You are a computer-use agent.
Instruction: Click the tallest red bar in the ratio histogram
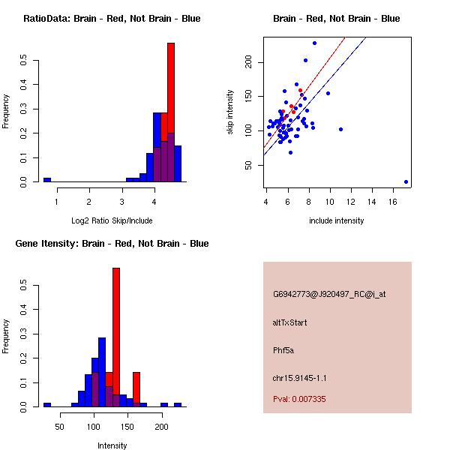[x=171, y=112]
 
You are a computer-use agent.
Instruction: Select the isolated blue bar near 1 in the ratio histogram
[x=46, y=180]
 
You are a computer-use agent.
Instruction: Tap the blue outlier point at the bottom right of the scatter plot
[x=406, y=181]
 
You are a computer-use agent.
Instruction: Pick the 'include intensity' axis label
[x=337, y=220]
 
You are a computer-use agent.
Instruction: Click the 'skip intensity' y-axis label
[x=230, y=112]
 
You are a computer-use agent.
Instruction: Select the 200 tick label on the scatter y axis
[x=249, y=63]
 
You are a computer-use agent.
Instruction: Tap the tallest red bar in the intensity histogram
[x=116, y=337]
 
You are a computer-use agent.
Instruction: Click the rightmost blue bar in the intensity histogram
[x=178, y=404]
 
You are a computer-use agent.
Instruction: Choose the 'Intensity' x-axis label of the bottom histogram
[x=112, y=445]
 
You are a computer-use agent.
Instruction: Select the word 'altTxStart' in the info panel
[x=289, y=322]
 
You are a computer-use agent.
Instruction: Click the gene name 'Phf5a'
[x=283, y=349]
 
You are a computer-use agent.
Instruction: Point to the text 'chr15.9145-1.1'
[x=299, y=378]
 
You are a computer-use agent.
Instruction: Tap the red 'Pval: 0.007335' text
[x=299, y=399]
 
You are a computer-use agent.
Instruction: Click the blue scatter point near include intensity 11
[x=340, y=129]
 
